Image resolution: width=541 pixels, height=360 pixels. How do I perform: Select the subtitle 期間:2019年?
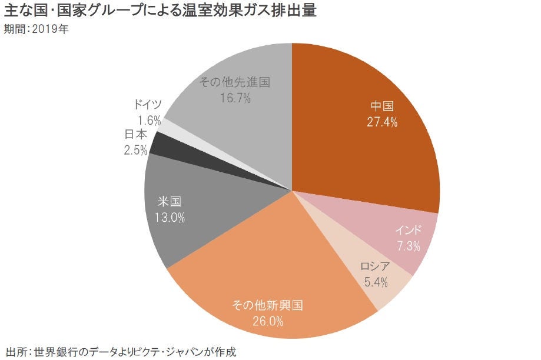(36, 29)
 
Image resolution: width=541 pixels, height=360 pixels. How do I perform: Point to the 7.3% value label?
(408, 246)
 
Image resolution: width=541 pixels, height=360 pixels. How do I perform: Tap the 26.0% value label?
(267, 321)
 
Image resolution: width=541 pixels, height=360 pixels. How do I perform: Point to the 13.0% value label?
(170, 217)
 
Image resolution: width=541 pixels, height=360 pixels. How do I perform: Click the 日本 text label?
(136, 135)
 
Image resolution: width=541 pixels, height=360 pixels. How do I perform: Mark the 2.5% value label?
(135, 150)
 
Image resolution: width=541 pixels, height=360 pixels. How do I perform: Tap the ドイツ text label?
(148, 105)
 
